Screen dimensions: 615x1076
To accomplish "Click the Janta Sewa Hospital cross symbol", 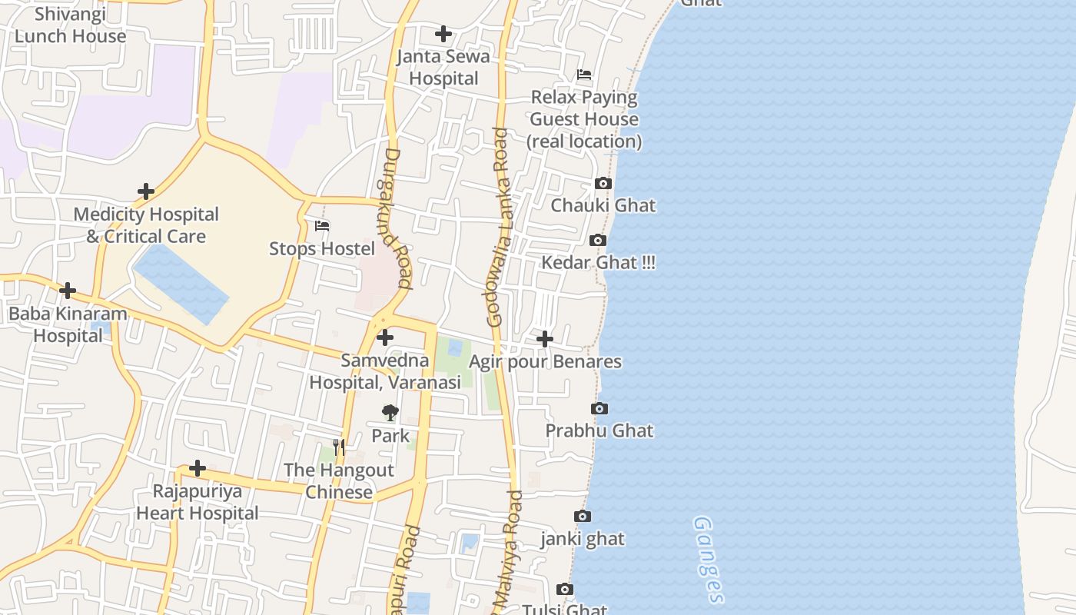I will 443,34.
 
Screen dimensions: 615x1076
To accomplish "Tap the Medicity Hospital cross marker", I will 146,191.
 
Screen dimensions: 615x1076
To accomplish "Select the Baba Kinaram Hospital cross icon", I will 68,291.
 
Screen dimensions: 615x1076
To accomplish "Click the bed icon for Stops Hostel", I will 322,226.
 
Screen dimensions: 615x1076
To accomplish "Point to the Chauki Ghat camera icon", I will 603,183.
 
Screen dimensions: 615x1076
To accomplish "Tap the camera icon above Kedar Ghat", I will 598,241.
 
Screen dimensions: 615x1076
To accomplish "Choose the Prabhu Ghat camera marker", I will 599,408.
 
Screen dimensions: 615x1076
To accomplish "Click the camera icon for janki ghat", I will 583,517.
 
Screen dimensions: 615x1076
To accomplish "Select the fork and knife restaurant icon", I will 339,447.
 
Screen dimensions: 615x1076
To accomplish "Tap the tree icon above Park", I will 390,413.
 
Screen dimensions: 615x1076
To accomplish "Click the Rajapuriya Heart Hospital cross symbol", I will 198,468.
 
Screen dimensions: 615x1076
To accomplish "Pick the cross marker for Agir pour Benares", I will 545,339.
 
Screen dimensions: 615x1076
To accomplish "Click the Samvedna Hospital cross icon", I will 385,337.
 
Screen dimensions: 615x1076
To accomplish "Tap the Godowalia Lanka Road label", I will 498,227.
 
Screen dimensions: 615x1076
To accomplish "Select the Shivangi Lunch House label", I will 70,25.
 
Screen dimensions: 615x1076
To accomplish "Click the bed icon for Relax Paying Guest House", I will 584,75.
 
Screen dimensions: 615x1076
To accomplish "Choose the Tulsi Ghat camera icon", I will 565,590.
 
